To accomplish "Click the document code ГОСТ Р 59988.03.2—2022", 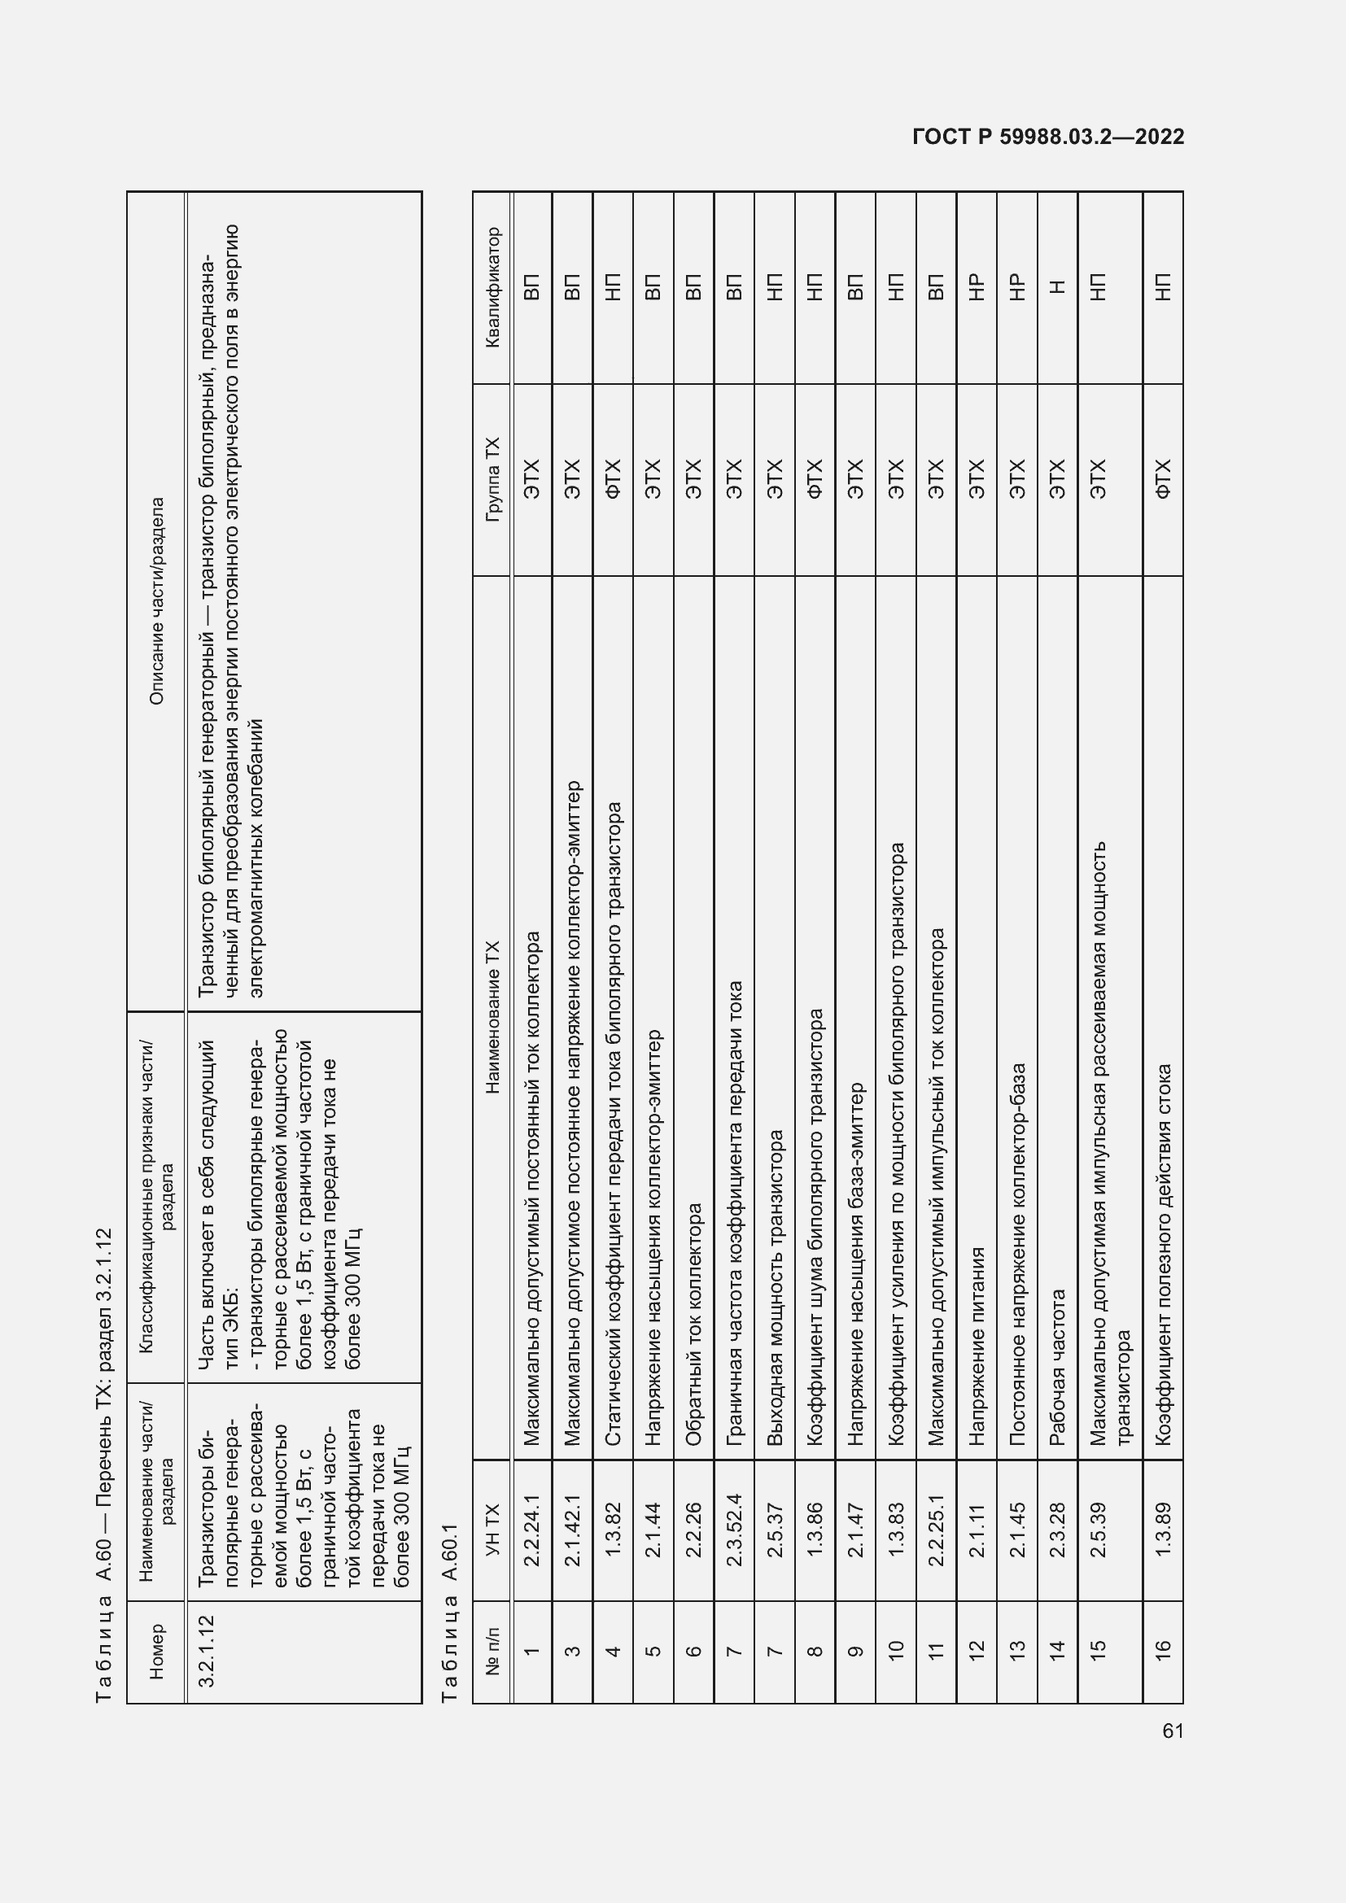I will tap(1047, 137).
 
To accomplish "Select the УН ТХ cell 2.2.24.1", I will tap(532, 1530).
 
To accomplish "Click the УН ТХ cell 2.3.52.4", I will tap(733, 1530).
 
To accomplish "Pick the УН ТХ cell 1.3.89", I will tap(1162, 1530).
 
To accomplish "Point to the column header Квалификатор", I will tap(493, 287).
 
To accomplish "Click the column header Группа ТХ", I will tap(493, 479).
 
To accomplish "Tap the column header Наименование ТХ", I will tap(493, 1017).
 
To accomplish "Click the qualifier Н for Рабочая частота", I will tap(1057, 287).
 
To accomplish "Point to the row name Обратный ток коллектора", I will tap(693, 1324).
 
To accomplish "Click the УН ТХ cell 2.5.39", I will tap(1097, 1530).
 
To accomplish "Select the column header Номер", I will tap(156, 1651).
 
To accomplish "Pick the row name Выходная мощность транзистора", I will tap(774, 1288).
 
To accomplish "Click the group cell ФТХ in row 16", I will tap(1162, 479).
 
